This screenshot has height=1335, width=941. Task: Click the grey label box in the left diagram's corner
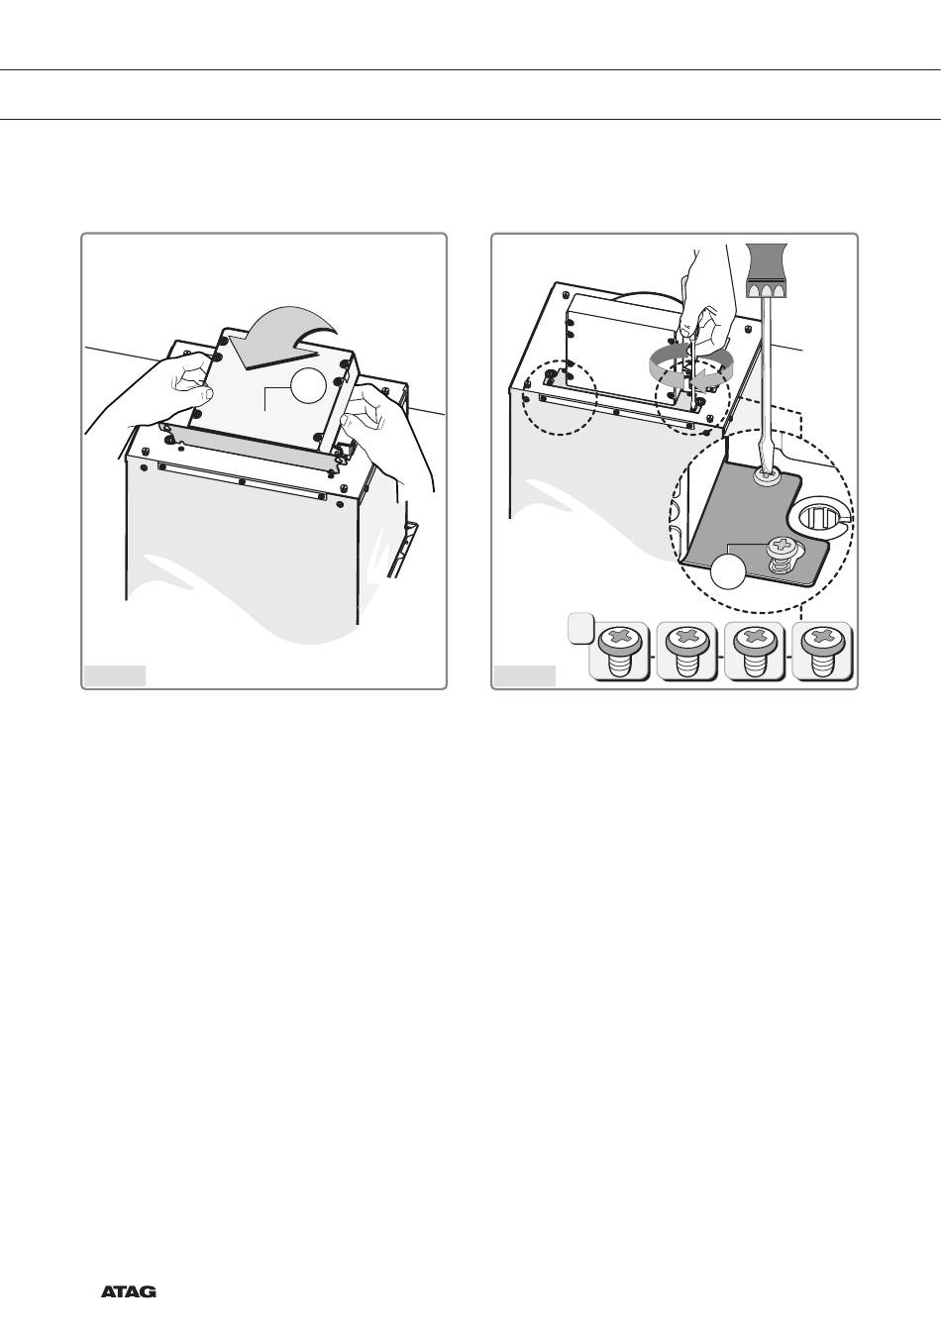115,675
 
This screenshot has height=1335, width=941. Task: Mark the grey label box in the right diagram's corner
525,675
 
